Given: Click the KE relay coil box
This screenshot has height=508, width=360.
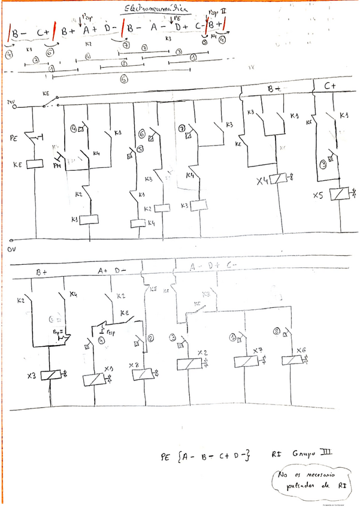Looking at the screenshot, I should pos(34,162).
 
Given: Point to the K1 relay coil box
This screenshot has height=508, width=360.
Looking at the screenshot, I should pos(88,220).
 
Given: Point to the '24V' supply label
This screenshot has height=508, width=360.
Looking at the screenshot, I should pos(10,102).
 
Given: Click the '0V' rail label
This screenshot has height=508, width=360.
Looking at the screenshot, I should pos(10,247).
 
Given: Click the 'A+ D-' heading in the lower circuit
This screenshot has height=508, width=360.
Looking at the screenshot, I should pos(111,271).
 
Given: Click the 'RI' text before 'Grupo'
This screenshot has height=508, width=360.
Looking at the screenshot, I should pos(277,457).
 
